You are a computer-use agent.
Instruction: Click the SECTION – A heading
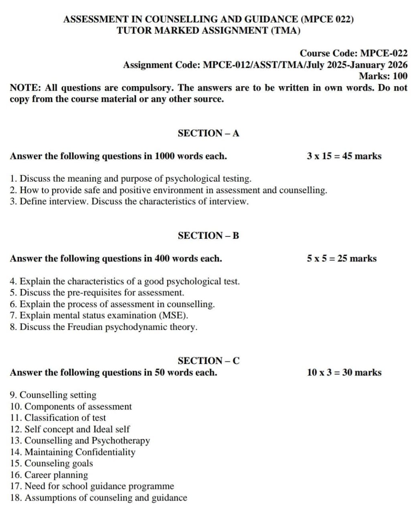tap(208, 133)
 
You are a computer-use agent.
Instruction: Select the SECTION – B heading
tap(208, 236)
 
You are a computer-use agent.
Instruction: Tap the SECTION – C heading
tap(208, 361)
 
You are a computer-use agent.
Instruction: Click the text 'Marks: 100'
tap(383, 76)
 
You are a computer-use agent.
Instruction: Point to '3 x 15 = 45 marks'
tap(344, 156)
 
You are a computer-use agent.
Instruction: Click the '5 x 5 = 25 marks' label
tap(342, 259)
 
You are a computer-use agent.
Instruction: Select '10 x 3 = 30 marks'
tap(344, 372)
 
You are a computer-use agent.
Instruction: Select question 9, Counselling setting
tap(53, 395)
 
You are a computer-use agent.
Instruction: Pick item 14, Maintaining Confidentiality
tap(73, 452)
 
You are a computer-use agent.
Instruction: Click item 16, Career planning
tap(49, 475)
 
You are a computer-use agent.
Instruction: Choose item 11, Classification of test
tap(58, 418)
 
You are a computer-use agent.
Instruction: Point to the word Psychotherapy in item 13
tap(121, 440)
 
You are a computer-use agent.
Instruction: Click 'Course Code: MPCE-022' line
tap(354, 53)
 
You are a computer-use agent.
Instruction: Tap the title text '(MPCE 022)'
tap(327, 19)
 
